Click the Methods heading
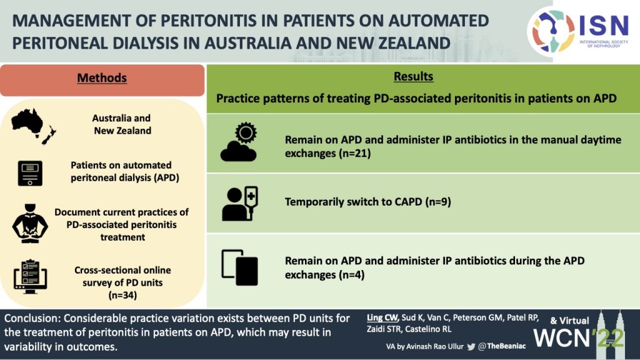102,77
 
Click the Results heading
414,76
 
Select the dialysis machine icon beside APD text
30,174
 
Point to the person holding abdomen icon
30,223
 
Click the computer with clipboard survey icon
30,276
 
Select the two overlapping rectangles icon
239,267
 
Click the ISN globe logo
553,31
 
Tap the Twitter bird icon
471,346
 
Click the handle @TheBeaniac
502,346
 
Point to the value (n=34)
122,295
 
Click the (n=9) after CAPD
438,202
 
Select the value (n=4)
351,275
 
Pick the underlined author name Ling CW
382,317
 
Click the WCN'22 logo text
579,337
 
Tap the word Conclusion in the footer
31,318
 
